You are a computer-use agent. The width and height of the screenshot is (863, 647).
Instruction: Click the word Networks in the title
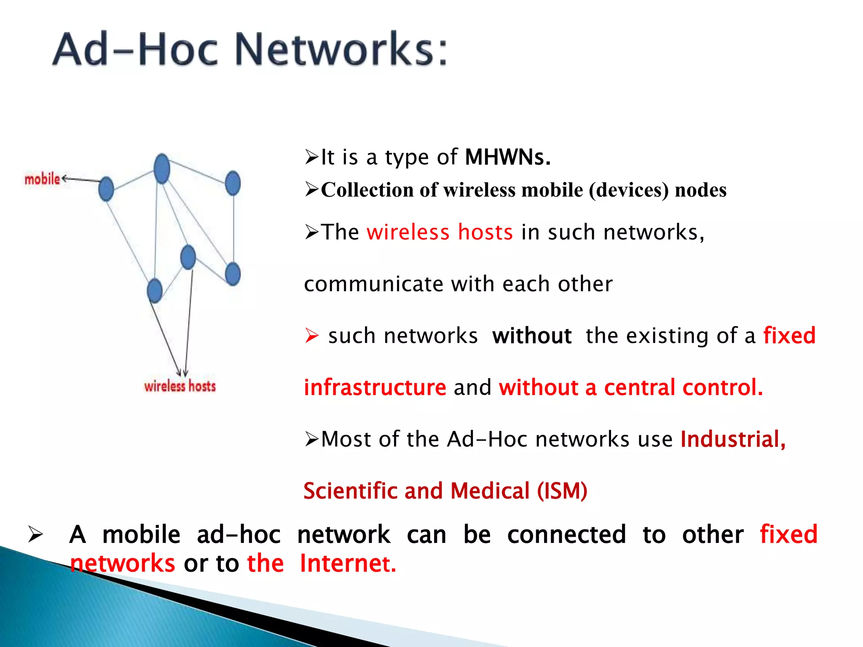click(340, 49)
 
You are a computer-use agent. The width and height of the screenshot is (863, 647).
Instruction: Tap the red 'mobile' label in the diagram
click(42, 179)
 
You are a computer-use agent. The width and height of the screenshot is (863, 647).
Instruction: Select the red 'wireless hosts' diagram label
click(180, 386)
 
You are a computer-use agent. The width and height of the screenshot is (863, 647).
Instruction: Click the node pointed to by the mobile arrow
click(106, 189)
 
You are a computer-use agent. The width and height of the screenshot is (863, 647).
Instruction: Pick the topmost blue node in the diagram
click(162, 168)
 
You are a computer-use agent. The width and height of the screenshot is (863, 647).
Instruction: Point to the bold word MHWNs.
click(507, 157)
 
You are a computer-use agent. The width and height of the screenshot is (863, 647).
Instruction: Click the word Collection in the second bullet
click(367, 190)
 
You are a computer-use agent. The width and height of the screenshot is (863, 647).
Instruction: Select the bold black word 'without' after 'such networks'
click(532, 336)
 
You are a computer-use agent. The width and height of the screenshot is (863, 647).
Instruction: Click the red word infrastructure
click(375, 388)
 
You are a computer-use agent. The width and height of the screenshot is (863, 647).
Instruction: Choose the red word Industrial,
click(733, 439)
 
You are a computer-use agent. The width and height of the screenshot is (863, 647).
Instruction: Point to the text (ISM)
click(562, 491)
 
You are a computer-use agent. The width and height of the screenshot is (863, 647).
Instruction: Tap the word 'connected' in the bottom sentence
click(566, 535)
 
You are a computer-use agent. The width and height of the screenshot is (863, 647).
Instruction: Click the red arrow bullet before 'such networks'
click(312, 336)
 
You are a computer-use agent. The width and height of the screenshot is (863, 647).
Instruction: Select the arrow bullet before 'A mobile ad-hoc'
click(35, 535)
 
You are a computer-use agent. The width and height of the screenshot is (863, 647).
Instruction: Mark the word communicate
click(373, 284)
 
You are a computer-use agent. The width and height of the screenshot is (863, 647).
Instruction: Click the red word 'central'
click(640, 388)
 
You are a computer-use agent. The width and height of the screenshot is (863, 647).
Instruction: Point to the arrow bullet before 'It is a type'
click(312, 157)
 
